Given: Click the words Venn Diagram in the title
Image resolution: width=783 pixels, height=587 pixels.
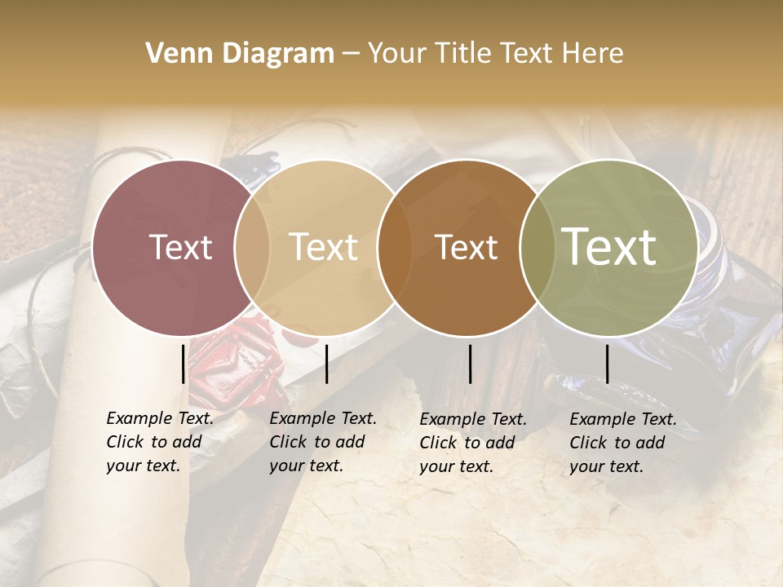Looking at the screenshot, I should pos(240,54).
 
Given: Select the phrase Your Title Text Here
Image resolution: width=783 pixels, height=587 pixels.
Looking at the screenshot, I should pos(495,54).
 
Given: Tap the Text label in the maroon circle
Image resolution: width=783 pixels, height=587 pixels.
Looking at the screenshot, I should pos(180,247).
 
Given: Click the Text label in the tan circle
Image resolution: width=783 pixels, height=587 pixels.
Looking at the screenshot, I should pos(323,247).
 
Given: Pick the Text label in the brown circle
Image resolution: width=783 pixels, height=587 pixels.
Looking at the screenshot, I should pos(466,247).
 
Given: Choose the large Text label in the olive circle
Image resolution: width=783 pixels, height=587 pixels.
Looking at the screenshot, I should pos(609,247).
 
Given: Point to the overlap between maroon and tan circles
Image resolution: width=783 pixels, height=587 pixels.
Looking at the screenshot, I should pos(252,247).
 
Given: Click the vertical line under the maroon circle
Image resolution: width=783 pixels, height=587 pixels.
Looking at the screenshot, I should pos(184,364).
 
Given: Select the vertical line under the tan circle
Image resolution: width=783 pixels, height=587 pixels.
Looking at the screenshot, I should pos(326,364).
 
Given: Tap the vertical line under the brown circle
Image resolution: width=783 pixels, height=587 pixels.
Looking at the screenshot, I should pos(471,364).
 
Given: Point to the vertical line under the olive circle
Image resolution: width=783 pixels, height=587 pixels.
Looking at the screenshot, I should pos(607,364).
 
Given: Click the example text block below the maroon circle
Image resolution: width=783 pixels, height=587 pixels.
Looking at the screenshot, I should pos(160,443).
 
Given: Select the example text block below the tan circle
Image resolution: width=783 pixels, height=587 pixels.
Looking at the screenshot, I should pos(323,443).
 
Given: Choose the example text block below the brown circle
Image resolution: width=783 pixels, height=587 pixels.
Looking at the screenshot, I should pos(473,443).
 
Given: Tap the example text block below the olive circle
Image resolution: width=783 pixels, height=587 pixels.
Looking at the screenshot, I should pos(623,443).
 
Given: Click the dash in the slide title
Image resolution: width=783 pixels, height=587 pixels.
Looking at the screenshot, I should pos(351,54).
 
